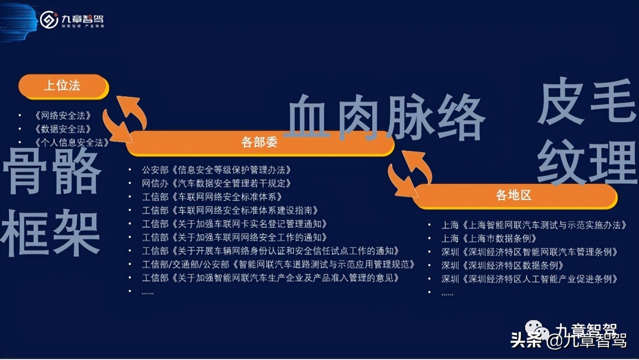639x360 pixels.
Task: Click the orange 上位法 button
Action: [63, 86]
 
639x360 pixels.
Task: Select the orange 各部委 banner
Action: [259, 143]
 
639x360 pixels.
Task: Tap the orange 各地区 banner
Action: [514, 196]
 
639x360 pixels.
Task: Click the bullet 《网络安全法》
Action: [63, 116]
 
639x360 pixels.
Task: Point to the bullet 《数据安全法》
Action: [63, 129]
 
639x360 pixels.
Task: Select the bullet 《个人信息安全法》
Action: [72, 143]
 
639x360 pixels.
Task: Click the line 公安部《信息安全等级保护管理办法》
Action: [216, 170]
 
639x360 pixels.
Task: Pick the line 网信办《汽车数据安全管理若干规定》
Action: [216, 184]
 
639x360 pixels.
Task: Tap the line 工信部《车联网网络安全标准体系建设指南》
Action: [230, 211]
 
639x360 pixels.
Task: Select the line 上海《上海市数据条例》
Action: [489, 239]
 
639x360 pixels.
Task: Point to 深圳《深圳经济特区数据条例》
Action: [503, 266]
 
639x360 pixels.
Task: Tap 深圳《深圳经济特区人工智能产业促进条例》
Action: [530, 279]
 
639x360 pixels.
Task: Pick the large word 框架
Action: [51, 233]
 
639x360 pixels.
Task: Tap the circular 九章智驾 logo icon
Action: [49, 19]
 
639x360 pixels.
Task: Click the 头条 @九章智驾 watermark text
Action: [569, 341]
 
